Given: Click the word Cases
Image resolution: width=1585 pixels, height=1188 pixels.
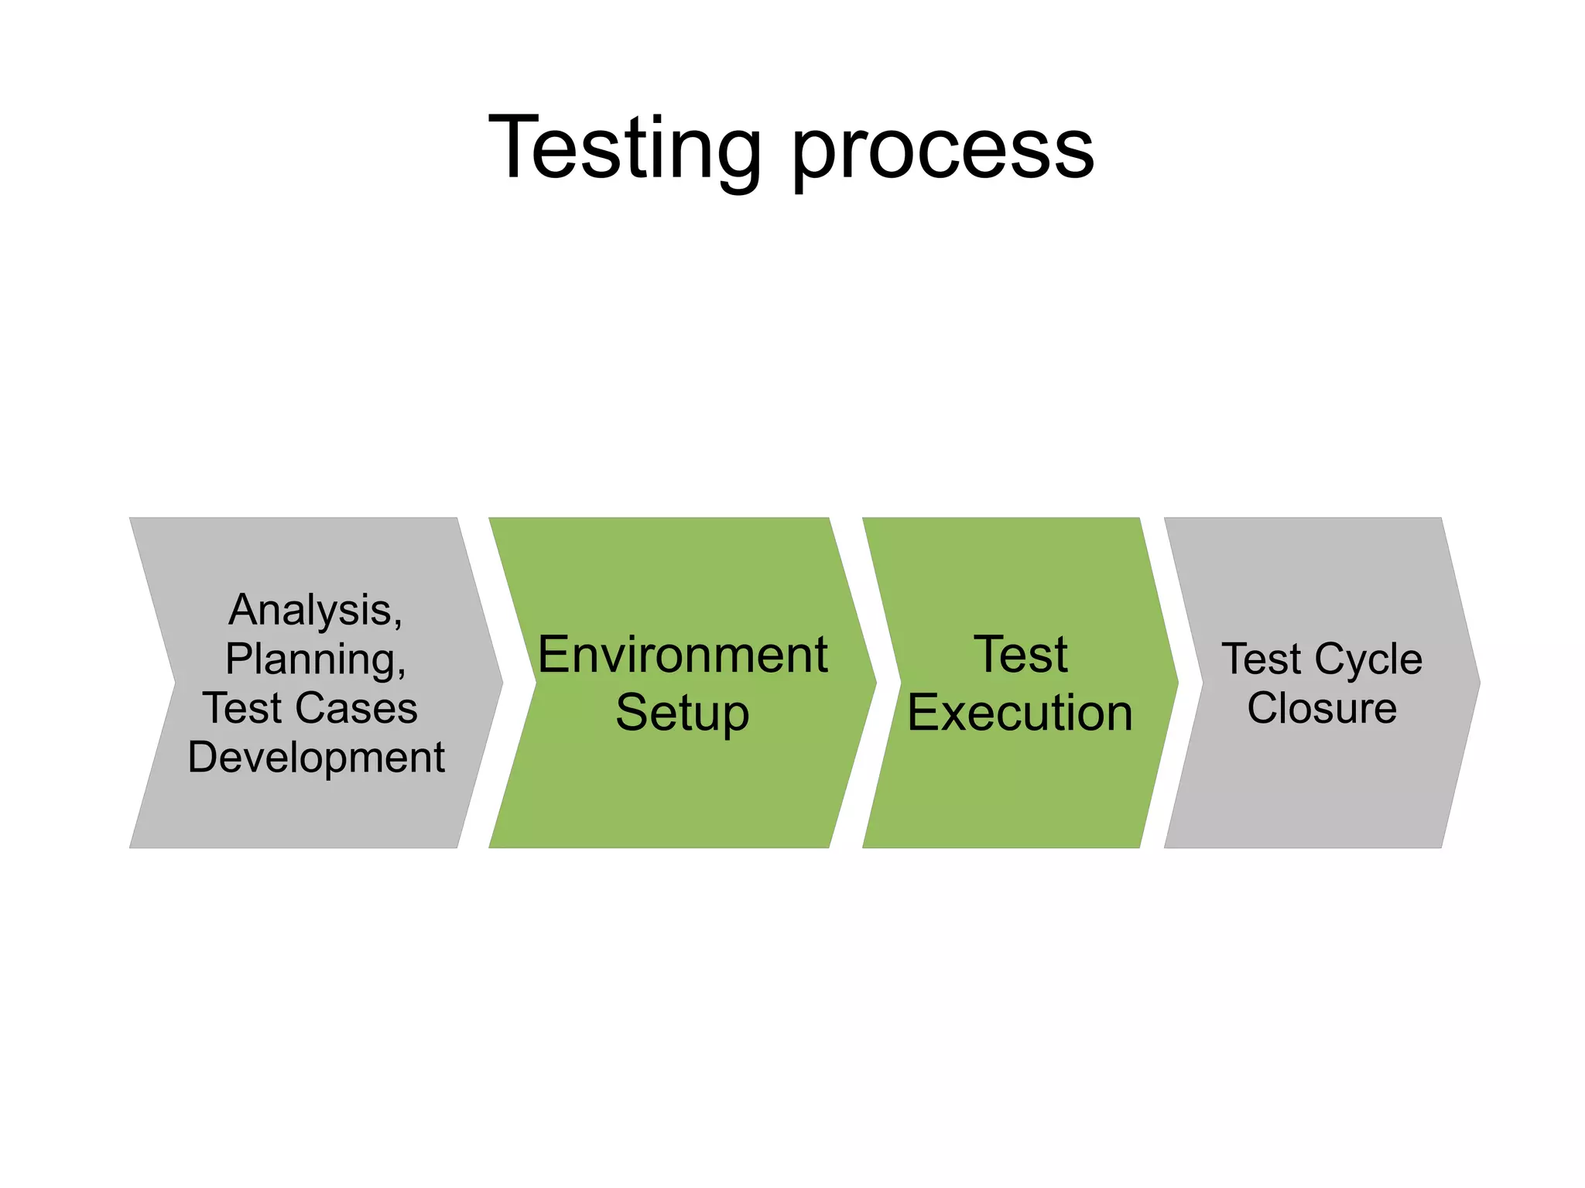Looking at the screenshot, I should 357,707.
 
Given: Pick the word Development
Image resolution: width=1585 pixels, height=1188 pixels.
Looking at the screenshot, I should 316,757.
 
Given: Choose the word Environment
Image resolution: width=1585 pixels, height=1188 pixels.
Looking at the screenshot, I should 683,655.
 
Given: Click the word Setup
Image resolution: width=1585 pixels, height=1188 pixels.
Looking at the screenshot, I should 682,712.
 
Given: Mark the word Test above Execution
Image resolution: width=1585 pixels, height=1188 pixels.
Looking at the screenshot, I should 1020,655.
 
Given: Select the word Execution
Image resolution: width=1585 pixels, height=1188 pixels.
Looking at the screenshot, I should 1020,712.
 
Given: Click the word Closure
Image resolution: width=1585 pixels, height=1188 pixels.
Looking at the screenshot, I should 1322,707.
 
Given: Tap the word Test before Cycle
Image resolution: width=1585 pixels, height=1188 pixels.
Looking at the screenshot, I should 1261,659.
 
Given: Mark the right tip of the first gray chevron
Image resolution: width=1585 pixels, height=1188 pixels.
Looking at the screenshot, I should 501,683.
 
